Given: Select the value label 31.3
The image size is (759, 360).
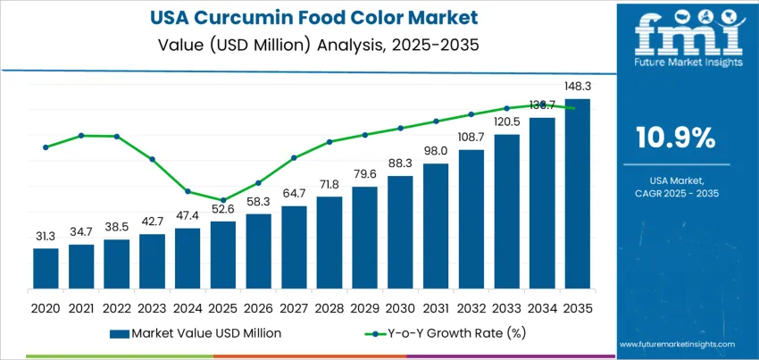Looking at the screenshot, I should coord(46,237).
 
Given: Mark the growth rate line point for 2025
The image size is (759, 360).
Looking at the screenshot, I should coord(223,200).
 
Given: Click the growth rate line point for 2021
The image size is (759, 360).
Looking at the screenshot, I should coord(81,136).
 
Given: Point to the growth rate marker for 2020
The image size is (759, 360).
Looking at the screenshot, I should coord(46,147).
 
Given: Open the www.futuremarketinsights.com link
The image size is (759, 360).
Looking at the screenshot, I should coord(676,344).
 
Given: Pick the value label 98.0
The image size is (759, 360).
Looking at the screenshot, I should coord(436,151).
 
